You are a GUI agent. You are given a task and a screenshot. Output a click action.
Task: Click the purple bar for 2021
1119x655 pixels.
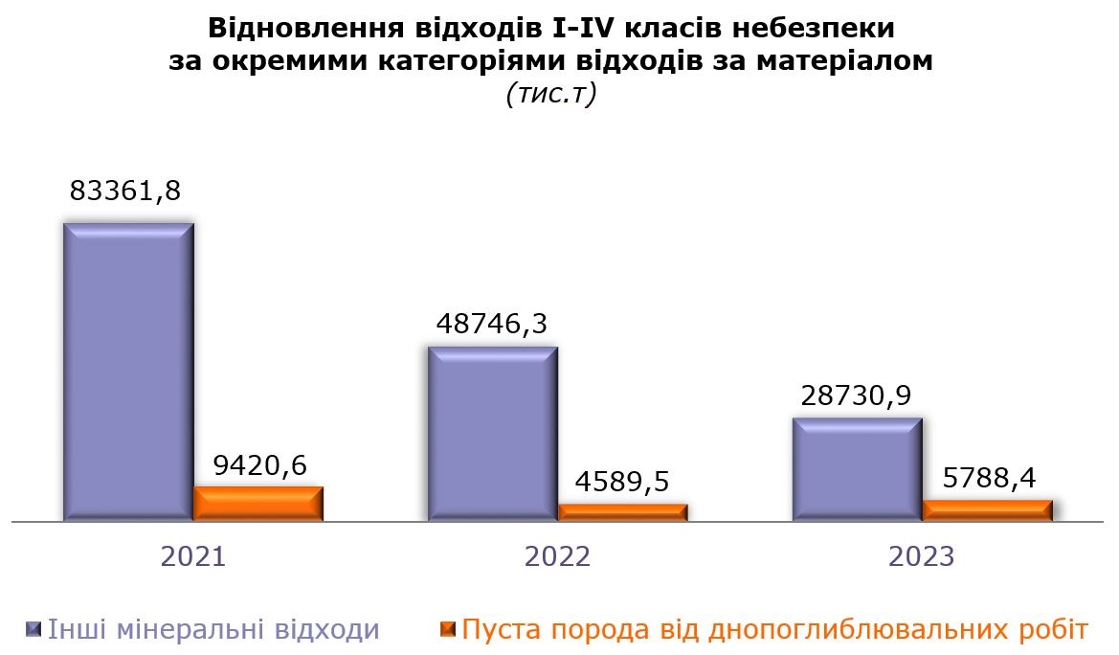pos(128,373)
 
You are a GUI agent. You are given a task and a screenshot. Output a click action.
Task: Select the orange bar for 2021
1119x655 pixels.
pos(258,504)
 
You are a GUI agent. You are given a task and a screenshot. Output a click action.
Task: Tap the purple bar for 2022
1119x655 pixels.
pos(493,434)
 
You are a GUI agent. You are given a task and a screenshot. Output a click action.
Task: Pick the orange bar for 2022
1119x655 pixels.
pos(623,512)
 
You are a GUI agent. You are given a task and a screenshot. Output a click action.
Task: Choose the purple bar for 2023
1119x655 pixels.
pos(858,469)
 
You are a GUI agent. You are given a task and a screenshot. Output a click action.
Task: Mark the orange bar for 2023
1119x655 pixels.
pos(988,510)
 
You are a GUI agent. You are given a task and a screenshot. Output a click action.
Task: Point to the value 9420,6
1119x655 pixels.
pos(258,465)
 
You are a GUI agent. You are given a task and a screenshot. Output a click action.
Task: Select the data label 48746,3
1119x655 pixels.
pos(492,323)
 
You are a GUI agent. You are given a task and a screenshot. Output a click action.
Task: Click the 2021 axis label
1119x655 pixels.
pos(193,557)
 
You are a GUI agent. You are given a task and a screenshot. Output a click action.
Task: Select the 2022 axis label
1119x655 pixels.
pos(558,557)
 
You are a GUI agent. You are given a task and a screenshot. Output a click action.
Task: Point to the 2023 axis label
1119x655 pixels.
pos(922,557)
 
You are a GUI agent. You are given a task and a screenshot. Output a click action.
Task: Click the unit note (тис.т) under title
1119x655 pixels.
pos(550,95)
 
